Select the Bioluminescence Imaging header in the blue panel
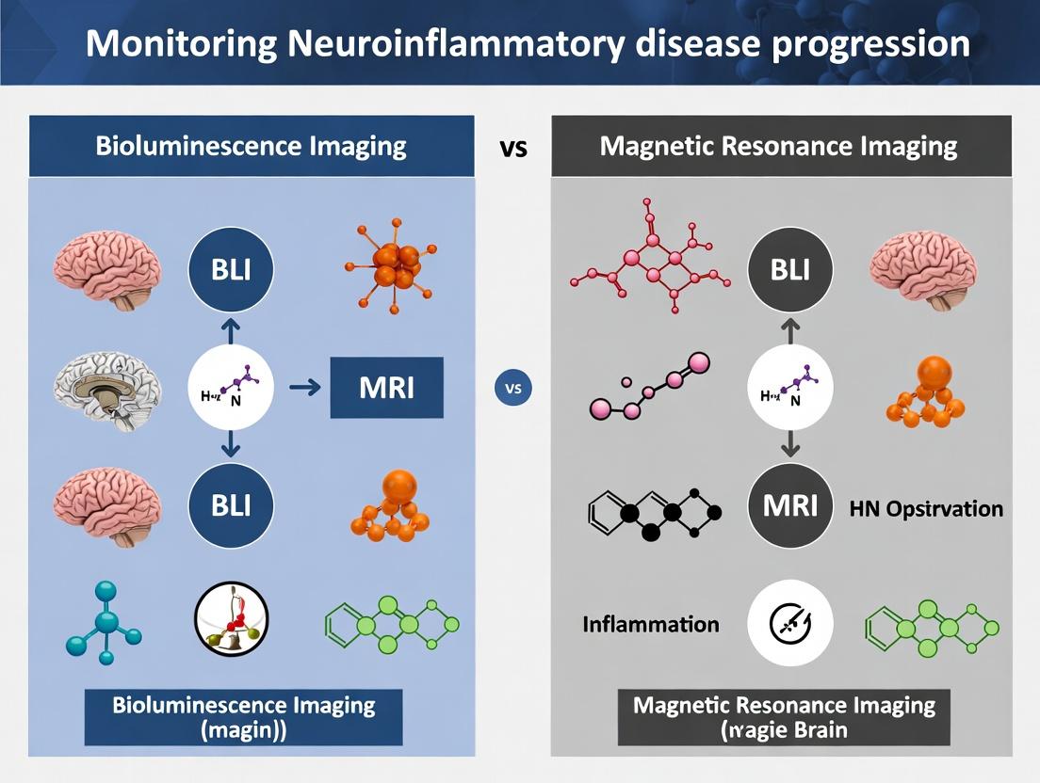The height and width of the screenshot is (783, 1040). click(x=251, y=146)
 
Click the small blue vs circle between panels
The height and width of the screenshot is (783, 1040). click(x=512, y=388)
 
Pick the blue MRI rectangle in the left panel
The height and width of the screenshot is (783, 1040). click(x=386, y=387)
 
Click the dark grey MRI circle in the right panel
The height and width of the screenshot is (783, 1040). click(x=790, y=505)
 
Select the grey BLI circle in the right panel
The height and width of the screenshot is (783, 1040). click(x=790, y=270)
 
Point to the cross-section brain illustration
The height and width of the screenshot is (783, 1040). click(x=106, y=388)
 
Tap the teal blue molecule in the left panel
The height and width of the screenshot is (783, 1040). click(x=104, y=621)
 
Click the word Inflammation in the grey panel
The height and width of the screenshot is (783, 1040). click(x=650, y=624)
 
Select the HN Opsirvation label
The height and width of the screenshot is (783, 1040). click(x=925, y=509)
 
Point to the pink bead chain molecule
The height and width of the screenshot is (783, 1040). click(x=649, y=388)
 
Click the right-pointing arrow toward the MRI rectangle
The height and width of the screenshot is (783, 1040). click(x=301, y=387)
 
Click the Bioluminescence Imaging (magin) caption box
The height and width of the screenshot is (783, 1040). click(x=243, y=717)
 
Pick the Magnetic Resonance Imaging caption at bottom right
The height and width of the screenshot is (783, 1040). click(x=784, y=717)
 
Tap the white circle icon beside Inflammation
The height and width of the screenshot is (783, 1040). click(x=790, y=623)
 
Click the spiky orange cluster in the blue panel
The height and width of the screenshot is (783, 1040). click(x=394, y=265)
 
